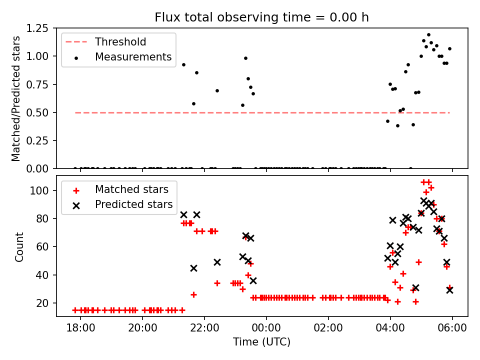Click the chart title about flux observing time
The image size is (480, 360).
(261, 17)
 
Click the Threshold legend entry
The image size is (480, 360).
(120, 42)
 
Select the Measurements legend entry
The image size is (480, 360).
(133, 57)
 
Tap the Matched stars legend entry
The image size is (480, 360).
(131, 189)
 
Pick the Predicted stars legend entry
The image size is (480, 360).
(133, 204)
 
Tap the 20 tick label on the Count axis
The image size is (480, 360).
(42, 303)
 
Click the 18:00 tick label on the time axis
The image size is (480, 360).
(80, 330)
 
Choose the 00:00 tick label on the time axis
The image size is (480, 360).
(266, 330)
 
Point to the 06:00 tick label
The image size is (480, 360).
(452, 330)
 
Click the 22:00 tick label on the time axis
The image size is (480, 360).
(204, 330)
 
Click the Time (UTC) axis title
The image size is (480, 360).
(261, 342)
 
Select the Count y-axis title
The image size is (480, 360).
(19, 246)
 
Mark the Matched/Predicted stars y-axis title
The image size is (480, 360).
(16, 98)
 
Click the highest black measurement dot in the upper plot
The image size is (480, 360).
(428, 35)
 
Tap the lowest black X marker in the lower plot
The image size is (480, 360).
(449, 290)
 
